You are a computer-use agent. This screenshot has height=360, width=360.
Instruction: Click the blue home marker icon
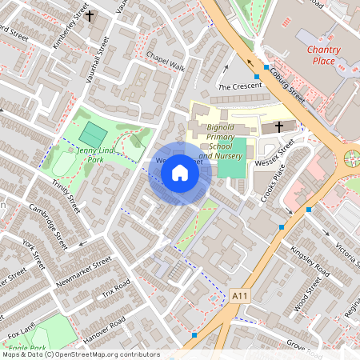[x=180, y=173]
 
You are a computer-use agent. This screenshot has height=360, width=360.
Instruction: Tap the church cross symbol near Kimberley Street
[x=90, y=15]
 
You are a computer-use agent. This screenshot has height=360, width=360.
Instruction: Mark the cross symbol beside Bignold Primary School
[x=279, y=126]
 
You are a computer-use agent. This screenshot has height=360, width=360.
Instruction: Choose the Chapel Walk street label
[x=166, y=62]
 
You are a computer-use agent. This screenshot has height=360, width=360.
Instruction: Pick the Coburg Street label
[x=286, y=86]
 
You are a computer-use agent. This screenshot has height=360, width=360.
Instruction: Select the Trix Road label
[x=116, y=296]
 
